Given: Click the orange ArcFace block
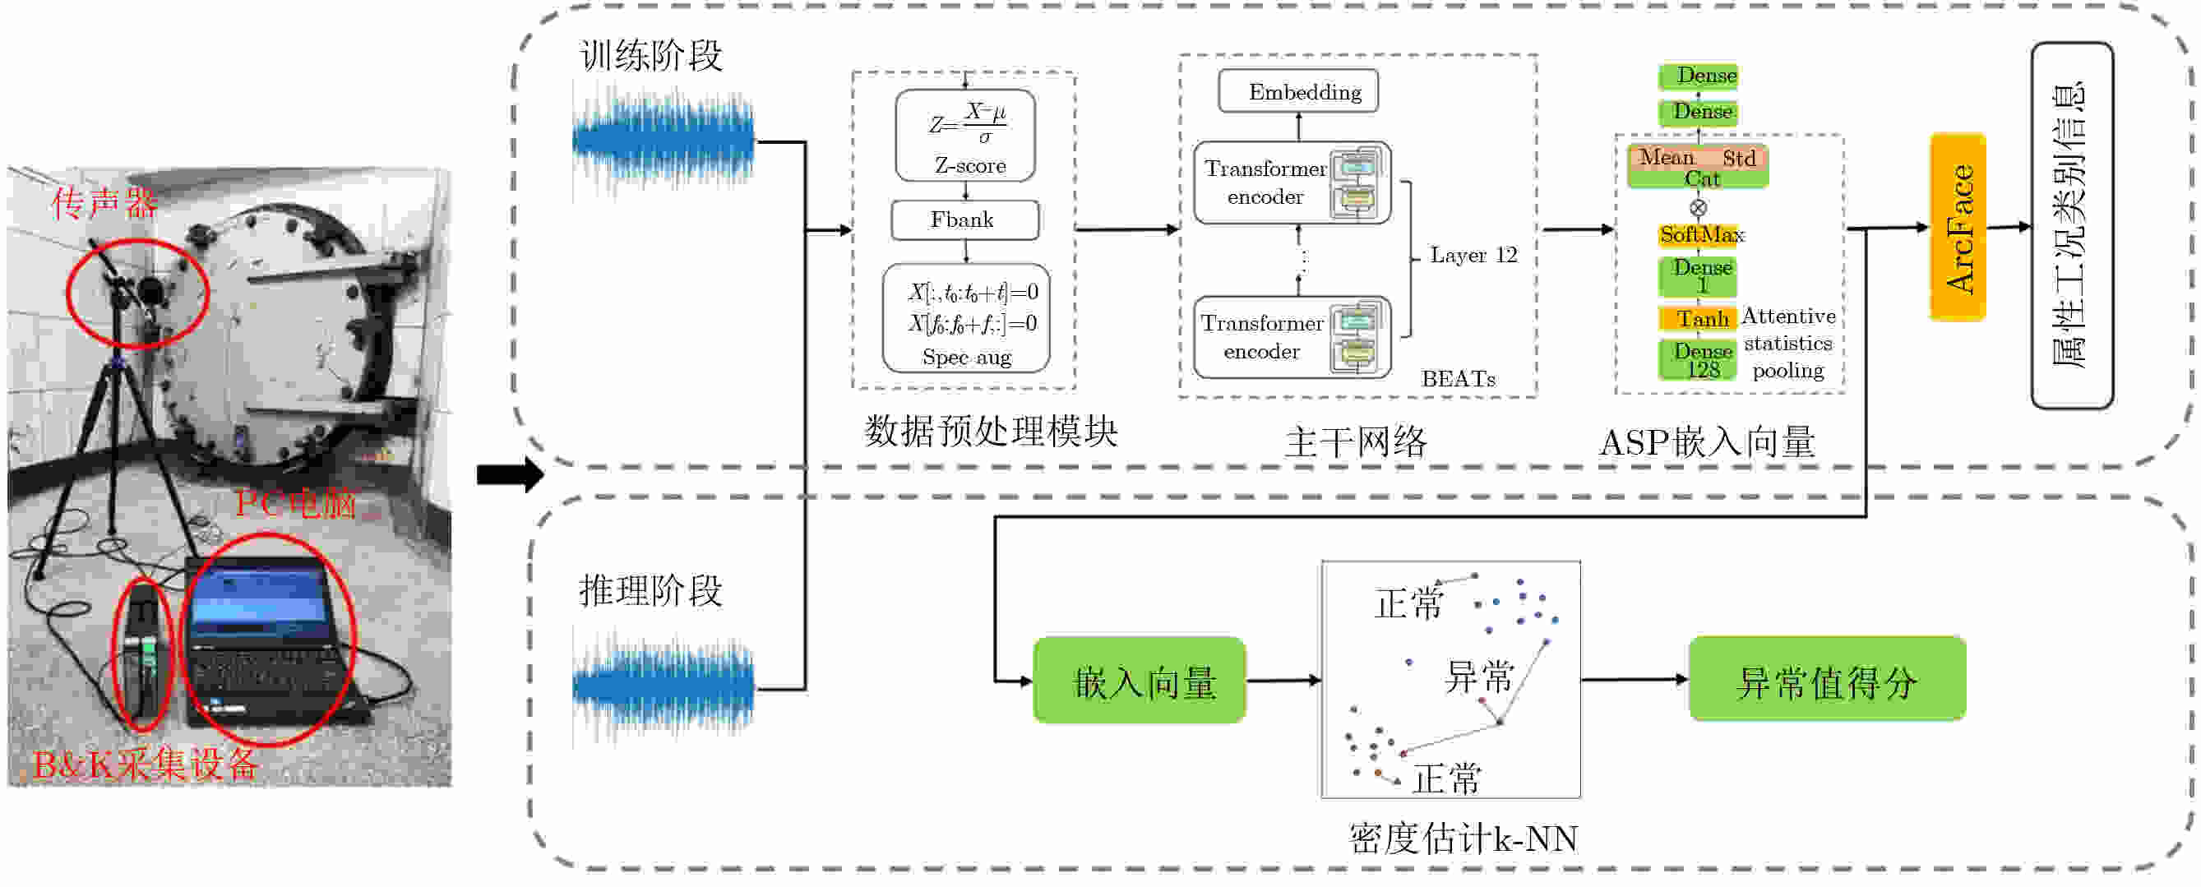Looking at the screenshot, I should point(1958,228).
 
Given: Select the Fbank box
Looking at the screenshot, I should point(964,220).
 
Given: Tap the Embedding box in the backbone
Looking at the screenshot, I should point(1298,91).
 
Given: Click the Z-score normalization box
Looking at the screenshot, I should point(964,136).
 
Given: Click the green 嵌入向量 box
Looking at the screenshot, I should point(1139,681).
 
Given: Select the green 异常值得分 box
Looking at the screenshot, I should point(1827,680).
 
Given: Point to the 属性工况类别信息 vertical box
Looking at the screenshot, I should point(2071,225).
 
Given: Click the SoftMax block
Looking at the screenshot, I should point(1700,234).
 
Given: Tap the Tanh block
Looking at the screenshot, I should point(1699,319).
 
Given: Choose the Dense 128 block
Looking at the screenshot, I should point(1699,360).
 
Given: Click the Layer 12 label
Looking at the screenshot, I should point(1473,255).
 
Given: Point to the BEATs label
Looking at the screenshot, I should point(1458,378).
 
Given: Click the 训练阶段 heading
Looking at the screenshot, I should point(651,57).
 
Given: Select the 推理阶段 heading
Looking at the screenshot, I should point(651,590).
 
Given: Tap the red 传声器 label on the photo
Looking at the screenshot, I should point(104,203).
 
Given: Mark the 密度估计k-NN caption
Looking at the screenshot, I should point(1462,839).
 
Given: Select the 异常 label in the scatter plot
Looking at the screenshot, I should point(1478,677).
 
